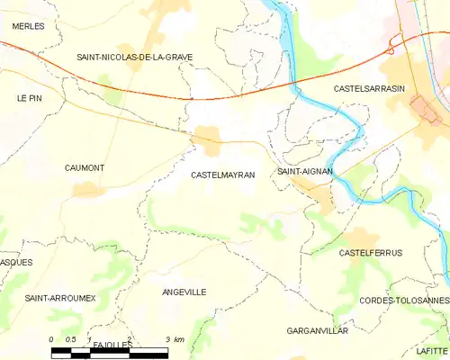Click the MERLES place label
pyautogui.click(x=28, y=27)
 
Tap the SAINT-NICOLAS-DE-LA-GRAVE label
pyautogui.click(x=134, y=57)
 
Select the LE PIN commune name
pyautogui.click(x=30, y=97)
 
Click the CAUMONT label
pyautogui.click(x=85, y=168)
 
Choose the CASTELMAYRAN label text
pyautogui.click(x=223, y=175)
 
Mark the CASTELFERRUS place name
pyautogui.click(x=370, y=254)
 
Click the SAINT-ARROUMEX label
pyautogui.click(x=59, y=298)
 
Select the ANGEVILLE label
pyautogui.click(x=184, y=292)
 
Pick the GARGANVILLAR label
pyautogui.click(x=316, y=331)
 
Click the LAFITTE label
pyautogui.click(x=431, y=349)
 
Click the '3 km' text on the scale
pyautogui.click(x=175, y=339)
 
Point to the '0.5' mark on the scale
pyautogui.click(x=71, y=339)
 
